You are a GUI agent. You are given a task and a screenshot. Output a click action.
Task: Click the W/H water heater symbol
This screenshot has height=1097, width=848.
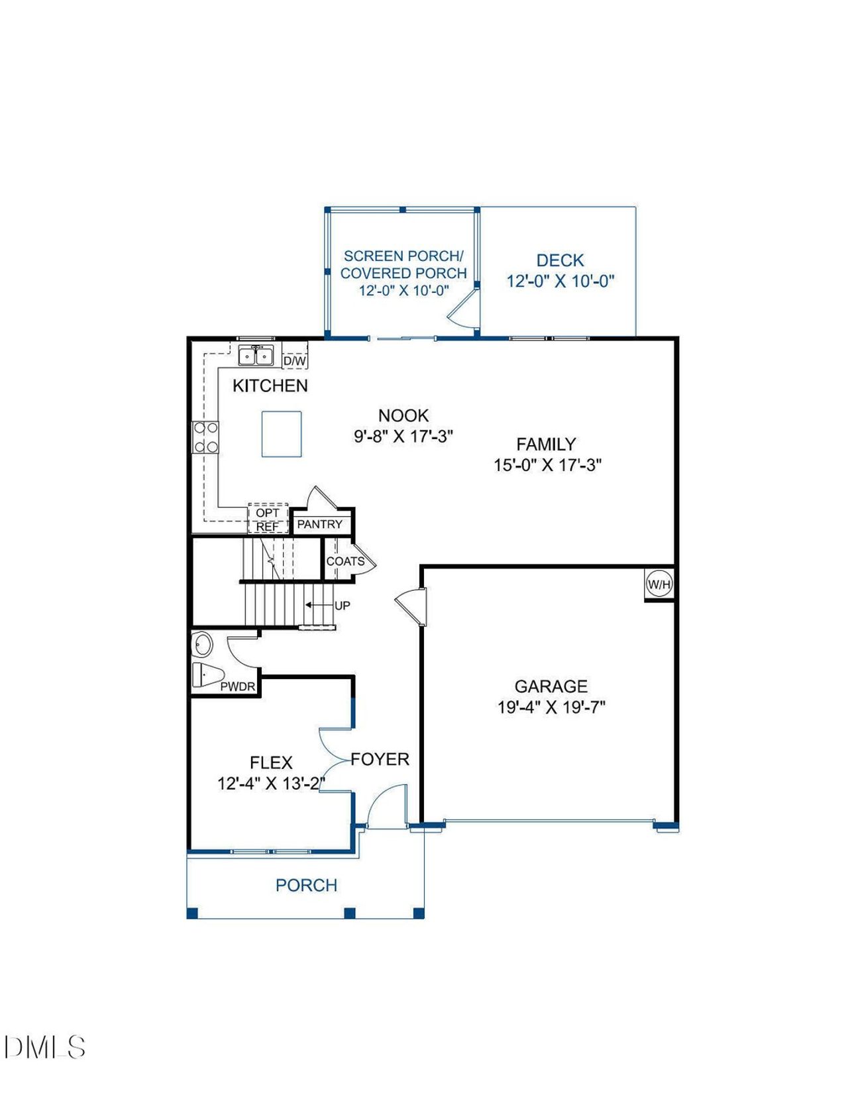coord(659,584)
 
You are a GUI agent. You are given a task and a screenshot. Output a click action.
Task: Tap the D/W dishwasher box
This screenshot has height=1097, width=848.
coord(295,360)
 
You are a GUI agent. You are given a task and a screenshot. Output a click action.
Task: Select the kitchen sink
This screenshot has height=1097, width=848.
coord(256,356)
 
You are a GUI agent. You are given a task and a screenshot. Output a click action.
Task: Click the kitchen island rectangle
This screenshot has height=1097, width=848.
coord(282,434)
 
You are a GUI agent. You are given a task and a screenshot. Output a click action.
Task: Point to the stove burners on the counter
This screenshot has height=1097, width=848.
coord(205,437)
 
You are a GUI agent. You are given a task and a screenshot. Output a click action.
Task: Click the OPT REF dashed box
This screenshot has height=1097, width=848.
coord(268,519)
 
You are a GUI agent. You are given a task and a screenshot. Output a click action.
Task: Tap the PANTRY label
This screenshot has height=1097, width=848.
coord(319,524)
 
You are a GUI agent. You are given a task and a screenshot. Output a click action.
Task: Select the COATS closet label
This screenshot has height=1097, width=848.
coord(345,561)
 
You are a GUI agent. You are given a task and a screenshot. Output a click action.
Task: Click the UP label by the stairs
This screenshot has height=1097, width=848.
coord(343,605)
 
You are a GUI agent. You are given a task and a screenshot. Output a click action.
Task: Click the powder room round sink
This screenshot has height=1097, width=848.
coord(202,644)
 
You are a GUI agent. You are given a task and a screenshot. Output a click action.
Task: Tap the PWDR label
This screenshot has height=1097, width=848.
coord(237,686)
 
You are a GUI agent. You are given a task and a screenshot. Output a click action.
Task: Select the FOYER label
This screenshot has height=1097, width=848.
coord(380,759)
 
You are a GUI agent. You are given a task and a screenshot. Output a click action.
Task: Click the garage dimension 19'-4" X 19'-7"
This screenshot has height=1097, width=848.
coord(551,707)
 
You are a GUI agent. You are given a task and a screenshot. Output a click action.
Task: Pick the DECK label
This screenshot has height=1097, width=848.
coord(560,260)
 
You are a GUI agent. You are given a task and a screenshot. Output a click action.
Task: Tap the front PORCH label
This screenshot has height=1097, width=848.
coord(306,885)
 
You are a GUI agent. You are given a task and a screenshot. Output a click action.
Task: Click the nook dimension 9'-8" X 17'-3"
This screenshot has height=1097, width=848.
coord(403,436)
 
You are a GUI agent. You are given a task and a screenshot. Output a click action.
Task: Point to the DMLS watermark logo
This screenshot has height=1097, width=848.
coord(45,1047)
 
